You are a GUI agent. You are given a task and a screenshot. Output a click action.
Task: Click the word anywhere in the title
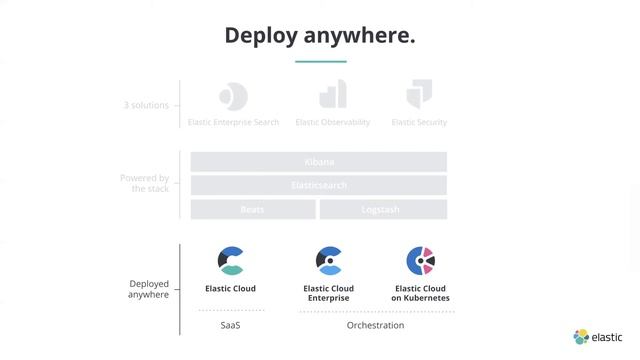pyautogui.click(x=361, y=36)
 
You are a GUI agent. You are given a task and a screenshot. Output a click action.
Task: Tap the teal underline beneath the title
pyautogui.click(x=320, y=62)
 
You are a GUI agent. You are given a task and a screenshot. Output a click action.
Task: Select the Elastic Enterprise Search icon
pyautogui.click(x=233, y=96)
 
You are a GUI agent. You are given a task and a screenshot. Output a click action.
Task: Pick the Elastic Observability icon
pyautogui.click(x=332, y=95)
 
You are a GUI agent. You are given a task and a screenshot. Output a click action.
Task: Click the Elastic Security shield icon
pyautogui.click(x=419, y=95)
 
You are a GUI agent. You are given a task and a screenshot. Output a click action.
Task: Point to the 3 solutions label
pyautogui.click(x=146, y=105)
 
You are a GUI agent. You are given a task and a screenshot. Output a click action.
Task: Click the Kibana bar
pyautogui.click(x=319, y=161)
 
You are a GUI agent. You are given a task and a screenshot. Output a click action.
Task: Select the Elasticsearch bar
pyautogui.click(x=319, y=185)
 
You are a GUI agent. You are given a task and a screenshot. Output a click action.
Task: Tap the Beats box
pyautogui.click(x=253, y=209)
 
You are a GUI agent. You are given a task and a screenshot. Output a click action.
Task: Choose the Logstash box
pyautogui.click(x=383, y=209)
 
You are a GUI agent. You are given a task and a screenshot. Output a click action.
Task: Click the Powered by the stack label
pyautogui.click(x=145, y=183)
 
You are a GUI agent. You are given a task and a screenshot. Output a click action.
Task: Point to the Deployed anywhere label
pyautogui.click(x=148, y=289)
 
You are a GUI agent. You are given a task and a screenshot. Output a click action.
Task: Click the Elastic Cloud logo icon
pyautogui.click(x=231, y=261)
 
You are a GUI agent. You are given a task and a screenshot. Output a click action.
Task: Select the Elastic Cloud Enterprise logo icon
pyautogui.click(x=329, y=261)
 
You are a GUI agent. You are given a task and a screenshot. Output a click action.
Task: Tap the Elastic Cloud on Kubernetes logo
pyautogui.click(x=420, y=261)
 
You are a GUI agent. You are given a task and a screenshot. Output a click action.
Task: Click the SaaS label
pyautogui.click(x=231, y=325)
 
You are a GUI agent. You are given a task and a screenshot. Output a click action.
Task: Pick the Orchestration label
pyautogui.click(x=375, y=325)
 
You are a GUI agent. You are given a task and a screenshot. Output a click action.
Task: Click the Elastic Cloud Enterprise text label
pyautogui.click(x=329, y=293)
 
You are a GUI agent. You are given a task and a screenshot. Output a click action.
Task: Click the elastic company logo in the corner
pyautogui.click(x=598, y=337)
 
